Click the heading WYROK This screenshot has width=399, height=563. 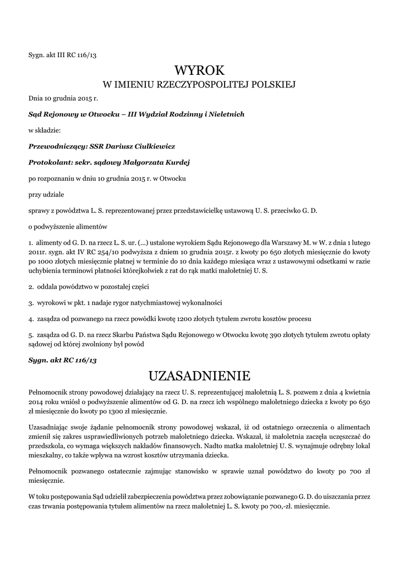199,70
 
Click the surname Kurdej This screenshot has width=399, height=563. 181,162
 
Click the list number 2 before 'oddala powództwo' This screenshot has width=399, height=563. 30,286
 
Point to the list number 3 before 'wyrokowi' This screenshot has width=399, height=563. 30,302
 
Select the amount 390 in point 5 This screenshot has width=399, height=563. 276,334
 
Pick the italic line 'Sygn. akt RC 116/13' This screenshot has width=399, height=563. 62,360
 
